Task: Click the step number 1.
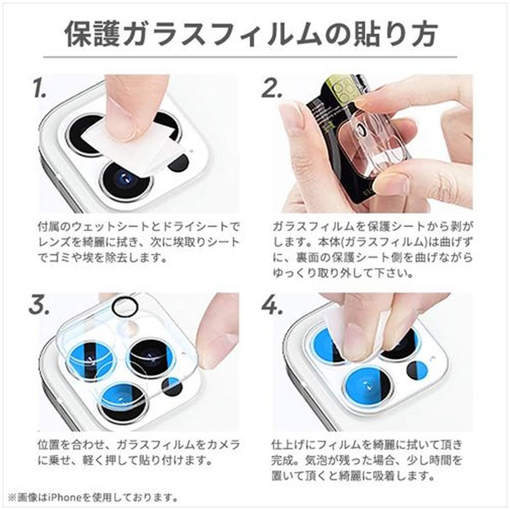click(40, 88)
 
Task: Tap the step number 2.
click(272, 88)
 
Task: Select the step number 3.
click(40, 305)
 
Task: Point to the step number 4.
click(272, 305)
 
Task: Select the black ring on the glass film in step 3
click(125, 305)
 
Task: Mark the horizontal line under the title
click(250, 57)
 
